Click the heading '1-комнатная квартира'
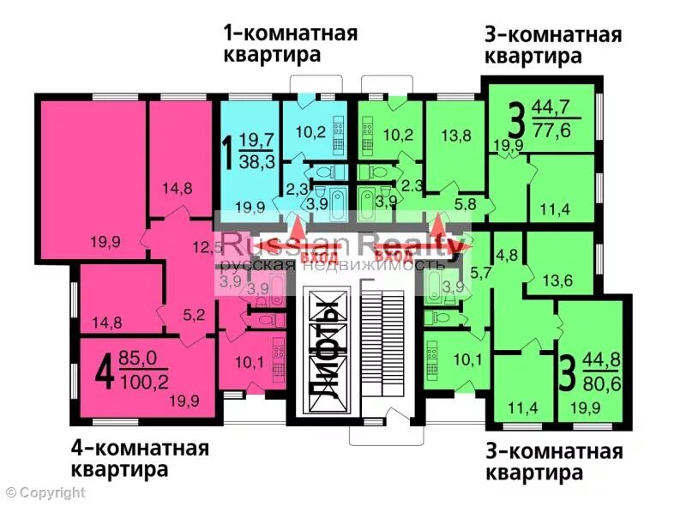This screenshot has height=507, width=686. pos(290,44)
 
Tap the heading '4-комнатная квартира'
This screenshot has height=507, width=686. pos(139,459)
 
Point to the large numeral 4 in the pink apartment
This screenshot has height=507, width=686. pos(105,373)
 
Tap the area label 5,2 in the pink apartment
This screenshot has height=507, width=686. pos(194,314)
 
